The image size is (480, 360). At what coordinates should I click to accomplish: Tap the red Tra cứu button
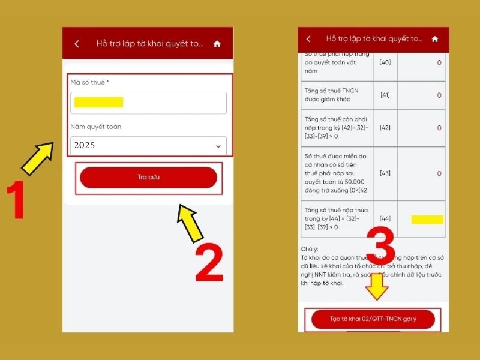click(148, 177)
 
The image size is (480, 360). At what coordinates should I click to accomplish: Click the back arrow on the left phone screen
click(77, 44)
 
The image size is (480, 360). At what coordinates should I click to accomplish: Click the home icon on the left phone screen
click(217, 44)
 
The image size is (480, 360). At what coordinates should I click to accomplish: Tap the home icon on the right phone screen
click(435, 39)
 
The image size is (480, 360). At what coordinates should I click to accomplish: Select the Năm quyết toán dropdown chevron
click(218, 146)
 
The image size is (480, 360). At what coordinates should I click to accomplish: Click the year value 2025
click(85, 145)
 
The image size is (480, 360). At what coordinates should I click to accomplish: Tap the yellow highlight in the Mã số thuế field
click(98, 102)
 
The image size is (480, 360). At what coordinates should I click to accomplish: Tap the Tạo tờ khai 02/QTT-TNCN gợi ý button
click(373, 319)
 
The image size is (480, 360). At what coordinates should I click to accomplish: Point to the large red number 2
click(209, 262)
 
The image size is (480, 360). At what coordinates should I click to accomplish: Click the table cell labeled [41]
click(385, 95)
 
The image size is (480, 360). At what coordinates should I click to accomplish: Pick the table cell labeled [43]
click(385, 173)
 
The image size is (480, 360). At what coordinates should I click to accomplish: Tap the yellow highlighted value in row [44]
click(427, 220)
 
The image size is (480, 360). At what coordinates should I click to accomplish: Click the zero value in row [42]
click(439, 128)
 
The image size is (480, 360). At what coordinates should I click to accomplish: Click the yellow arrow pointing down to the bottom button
click(377, 287)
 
